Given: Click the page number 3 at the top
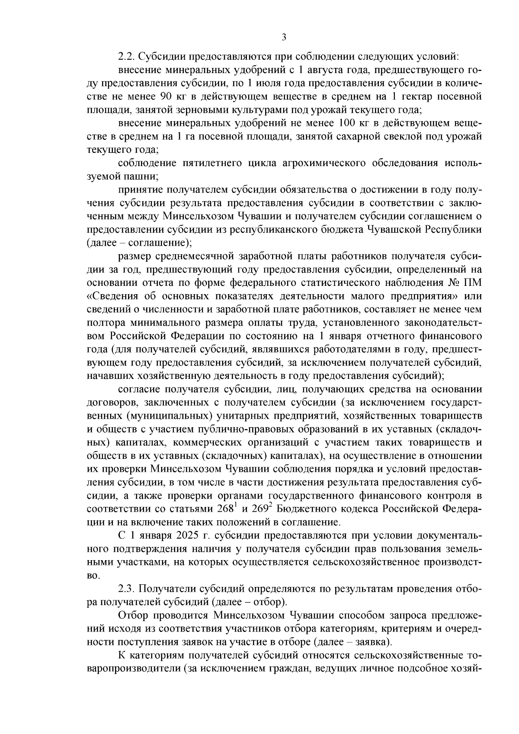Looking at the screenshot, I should [284, 38].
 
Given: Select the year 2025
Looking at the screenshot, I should [187, 536].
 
